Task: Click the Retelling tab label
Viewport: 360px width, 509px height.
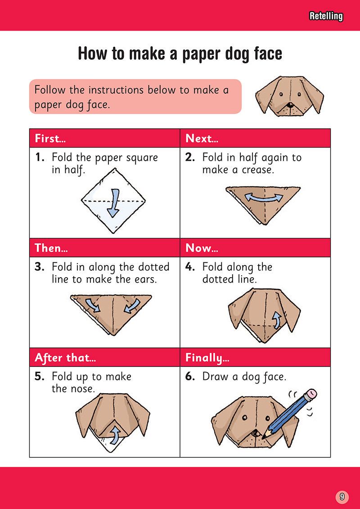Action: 326,17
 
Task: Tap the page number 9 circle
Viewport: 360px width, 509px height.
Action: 342,496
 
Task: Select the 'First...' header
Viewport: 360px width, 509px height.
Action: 51,139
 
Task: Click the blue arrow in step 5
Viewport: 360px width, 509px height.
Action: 115,435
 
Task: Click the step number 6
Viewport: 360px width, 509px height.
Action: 189,377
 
